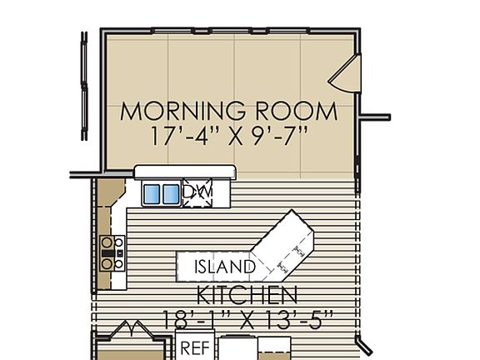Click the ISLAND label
coord(224,267)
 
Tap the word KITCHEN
coord(247,294)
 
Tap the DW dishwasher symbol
coord(197,192)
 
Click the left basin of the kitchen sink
coord(152,193)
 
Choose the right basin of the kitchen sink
coord(171,193)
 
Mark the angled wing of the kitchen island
coord(287,245)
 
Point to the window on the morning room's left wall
coord(84,87)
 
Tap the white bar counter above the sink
coord(185,172)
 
